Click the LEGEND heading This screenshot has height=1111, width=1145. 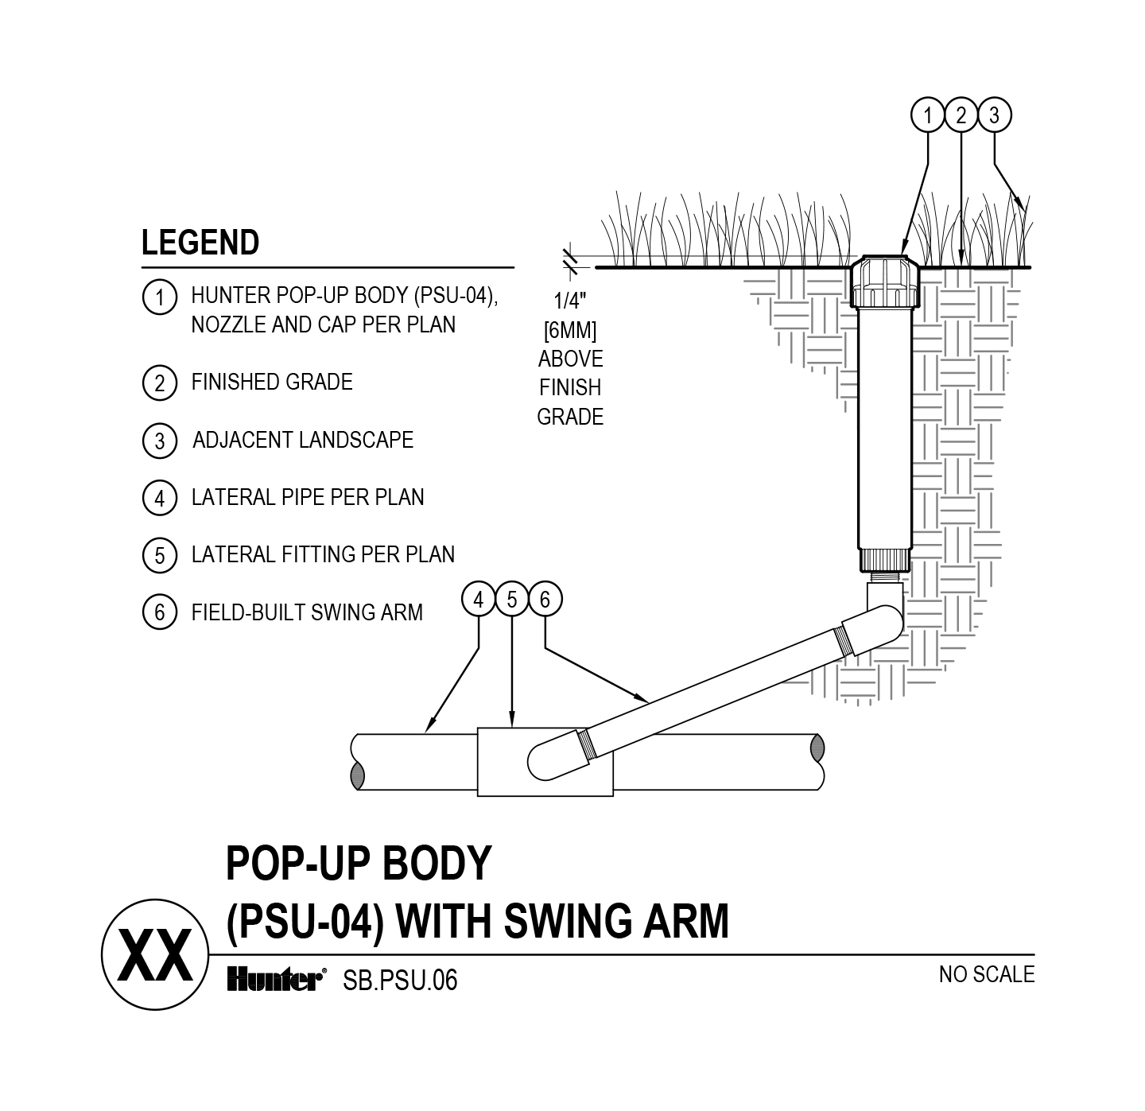point(200,243)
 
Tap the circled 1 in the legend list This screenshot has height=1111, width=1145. point(160,297)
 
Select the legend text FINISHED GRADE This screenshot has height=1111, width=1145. point(272,383)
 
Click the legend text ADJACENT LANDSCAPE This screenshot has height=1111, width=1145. point(303,440)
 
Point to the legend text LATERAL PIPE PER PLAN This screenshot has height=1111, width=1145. point(308,498)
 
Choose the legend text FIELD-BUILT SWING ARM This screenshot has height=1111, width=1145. point(307,612)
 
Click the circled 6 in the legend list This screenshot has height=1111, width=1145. point(160,612)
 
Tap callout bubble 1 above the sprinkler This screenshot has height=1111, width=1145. point(927,116)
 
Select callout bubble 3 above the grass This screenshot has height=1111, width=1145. point(994,116)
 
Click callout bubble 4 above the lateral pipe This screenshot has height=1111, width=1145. point(479,600)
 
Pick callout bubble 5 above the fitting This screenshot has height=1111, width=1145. point(512,600)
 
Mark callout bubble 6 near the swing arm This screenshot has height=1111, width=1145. point(545,600)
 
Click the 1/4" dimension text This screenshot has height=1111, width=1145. point(570,301)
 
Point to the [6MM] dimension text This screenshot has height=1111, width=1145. point(570,330)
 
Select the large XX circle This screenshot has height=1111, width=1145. point(154,955)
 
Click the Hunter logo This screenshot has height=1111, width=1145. point(275,980)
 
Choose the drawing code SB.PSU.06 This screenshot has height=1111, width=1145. point(400,981)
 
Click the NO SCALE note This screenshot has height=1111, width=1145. point(986,974)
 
